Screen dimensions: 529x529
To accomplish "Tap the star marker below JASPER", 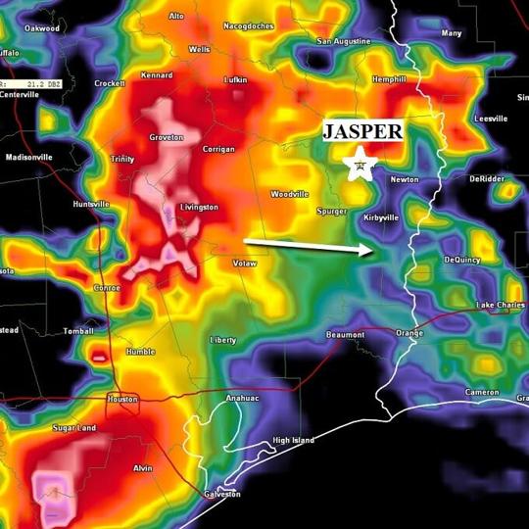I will (x=361, y=164).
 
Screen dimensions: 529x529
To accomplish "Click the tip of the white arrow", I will (x=372, y=251).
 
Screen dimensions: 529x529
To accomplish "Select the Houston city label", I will (x=122, y=399).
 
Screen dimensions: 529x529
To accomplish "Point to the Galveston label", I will (x=223, y=494).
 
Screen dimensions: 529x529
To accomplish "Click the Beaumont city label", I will (x=345, y=335).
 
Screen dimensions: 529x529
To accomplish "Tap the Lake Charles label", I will (x=500, y=306).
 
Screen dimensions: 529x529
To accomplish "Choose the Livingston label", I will (x=199, y=208).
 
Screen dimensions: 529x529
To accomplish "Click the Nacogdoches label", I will (x=248, y=26).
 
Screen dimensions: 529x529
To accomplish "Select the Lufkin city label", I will (x=235, y=79).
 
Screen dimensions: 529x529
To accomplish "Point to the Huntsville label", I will (x=91, y=204).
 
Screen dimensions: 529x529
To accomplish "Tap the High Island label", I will (x=293, y=441).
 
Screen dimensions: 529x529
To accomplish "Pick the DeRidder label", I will (x=486, y=179).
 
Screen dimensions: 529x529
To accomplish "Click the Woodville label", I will (x=289, y=194).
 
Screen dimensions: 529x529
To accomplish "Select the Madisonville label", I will (x=29, y=157).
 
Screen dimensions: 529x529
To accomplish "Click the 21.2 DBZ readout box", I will (x=33, y=84).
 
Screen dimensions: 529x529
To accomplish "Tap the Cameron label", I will (x=482, y=392).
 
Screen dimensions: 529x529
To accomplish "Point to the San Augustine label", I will (x=344, y=41).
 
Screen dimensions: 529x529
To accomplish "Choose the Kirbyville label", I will (x=381, y=217).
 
